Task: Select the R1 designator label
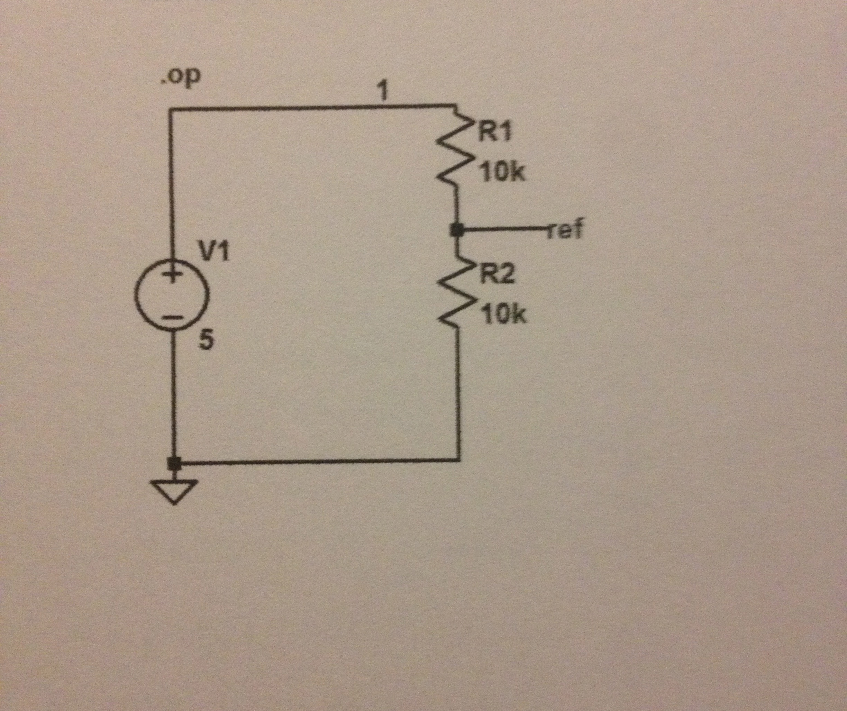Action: tap(494, 131)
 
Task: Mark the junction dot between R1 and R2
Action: tap(456, 231)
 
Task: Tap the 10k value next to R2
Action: tap(504, 316)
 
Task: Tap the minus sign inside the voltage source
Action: tap(173, 318)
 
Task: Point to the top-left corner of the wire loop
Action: tap(172, 109)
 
